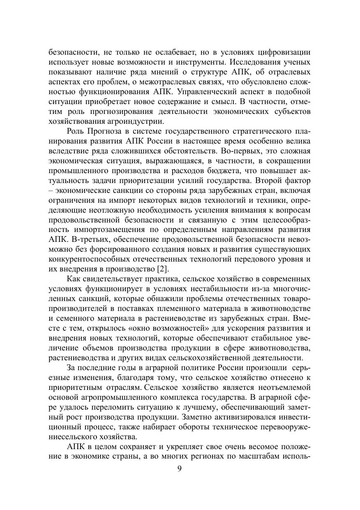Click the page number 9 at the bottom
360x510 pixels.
coord(179,470)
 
